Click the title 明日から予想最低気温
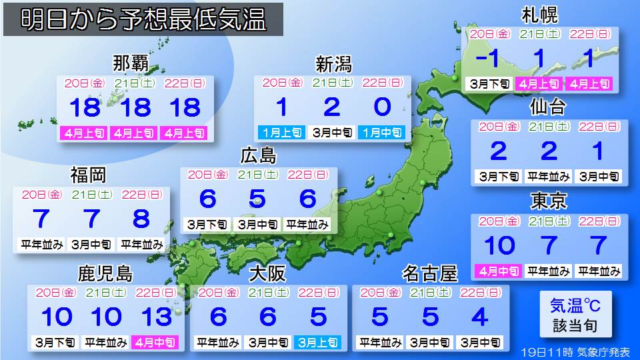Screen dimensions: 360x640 (144, 21)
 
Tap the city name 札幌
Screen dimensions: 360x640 (540, 15)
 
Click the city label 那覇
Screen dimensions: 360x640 (131, 66)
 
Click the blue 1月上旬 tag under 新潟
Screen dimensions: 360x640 (281, 132)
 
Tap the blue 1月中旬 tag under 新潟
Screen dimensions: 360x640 (381, 132)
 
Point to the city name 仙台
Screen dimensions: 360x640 (548, 107)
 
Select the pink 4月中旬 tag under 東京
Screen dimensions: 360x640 (499, 271)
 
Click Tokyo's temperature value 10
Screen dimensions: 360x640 (499, 245)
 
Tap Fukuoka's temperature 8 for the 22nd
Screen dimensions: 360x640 (141, 219)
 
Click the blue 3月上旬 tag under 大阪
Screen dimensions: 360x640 (317, 343)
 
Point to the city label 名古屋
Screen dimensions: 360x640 (431, 273)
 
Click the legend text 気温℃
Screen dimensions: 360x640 (575, 306)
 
